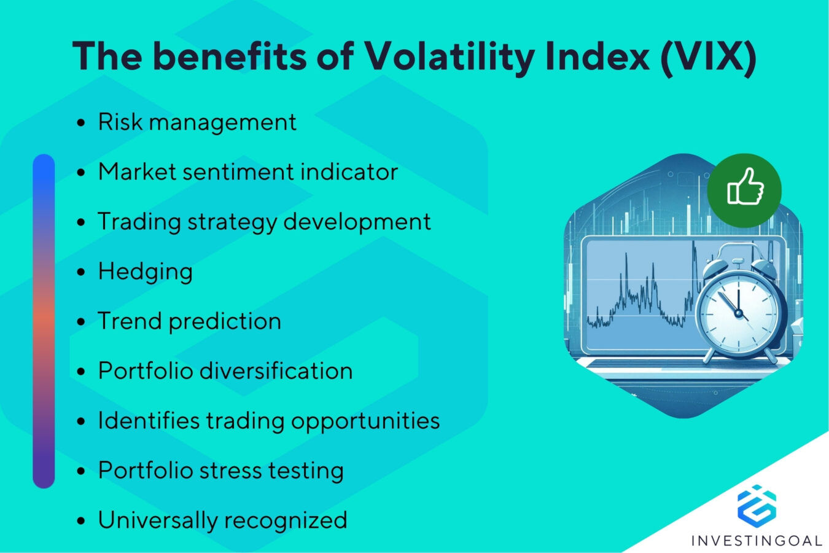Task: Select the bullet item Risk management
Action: [x=197, y=122]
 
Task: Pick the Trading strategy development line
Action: [x=264, y=222]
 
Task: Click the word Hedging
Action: [x=146, y=272]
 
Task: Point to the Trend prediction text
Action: [x=189, y=321]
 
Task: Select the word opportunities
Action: [x=365, y=422]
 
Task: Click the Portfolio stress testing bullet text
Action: [x=221, y=471]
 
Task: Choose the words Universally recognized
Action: [x=222, y=520]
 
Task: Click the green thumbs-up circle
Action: [x=744, y=190]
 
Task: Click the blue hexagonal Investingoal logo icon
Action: [x=757, y=506]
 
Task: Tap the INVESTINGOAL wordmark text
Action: [x=757, y=541]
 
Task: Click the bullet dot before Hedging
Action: [x=81, y=272]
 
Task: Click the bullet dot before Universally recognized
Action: [x=81, y=521]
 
